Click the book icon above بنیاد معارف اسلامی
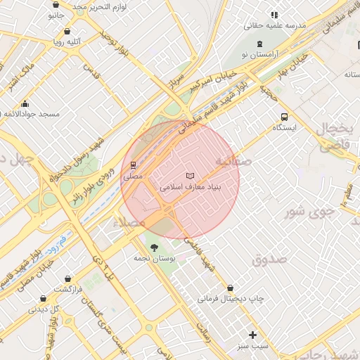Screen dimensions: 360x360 pos(189,176)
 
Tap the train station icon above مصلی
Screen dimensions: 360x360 pos(133,165)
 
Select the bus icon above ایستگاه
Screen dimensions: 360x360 pos(284,117)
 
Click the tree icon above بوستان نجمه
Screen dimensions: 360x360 pos(154,247)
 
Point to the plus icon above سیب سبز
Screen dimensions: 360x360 pos(252,335)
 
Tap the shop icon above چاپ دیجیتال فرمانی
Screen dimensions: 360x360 pos(231,288)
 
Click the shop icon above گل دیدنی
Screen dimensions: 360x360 pos(43,298)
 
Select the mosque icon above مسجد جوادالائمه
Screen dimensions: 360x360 pos(26,103)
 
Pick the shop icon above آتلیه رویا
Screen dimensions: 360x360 pos(67,31)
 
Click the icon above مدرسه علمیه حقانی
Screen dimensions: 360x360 pos(274,14)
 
